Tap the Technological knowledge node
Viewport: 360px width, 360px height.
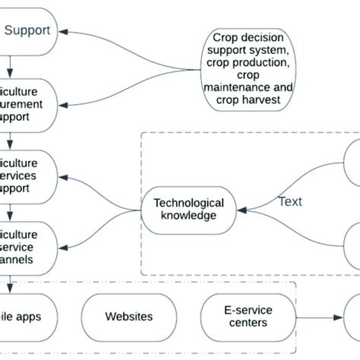tap(188, 209)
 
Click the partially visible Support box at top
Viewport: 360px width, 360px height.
tap(30, 31)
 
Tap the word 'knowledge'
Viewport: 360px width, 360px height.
tap(188, 216)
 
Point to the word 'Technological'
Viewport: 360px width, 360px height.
tap(188, 203)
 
